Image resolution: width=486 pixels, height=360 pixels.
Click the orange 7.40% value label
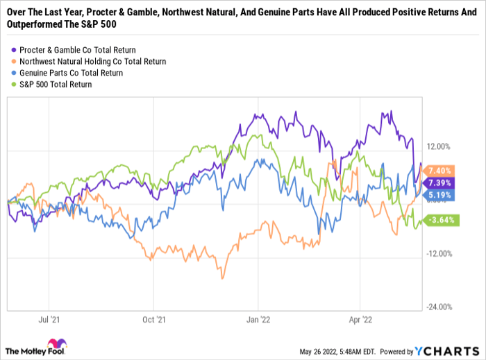pyautogui.click(x=441, y=171)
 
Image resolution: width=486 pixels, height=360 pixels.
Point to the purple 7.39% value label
pyautogui.click(x=441, y=182)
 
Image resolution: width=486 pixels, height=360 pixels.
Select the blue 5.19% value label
pyautogui.click(x=441, y=196)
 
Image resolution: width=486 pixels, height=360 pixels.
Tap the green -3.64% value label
pyautogui.click(x=441, y=221)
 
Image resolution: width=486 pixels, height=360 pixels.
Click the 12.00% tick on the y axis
pyautogui.click(x=439, y=147)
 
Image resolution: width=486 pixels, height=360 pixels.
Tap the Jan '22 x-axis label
pyautogui.click(x=258, y=320)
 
